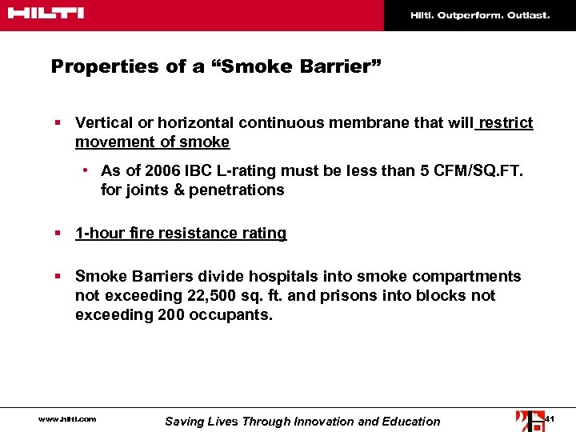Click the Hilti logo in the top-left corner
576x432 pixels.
(x=47, y=14)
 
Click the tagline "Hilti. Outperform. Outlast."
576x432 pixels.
(x=480, y=15)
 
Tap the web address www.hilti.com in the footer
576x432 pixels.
(x=68, y=419)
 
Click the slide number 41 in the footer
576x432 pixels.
(x=550, y=419)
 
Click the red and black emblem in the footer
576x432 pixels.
(x=530, y=420)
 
